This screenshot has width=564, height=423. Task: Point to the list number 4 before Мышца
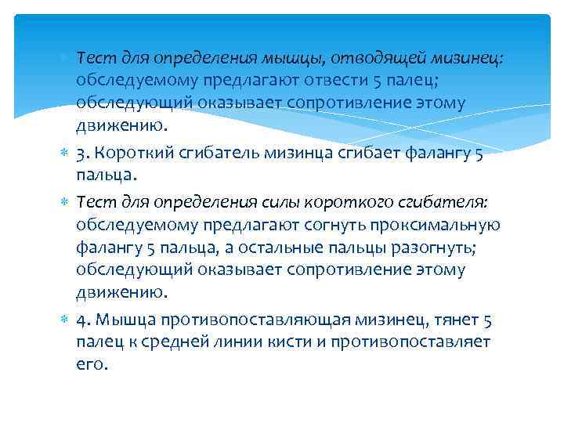81,320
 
